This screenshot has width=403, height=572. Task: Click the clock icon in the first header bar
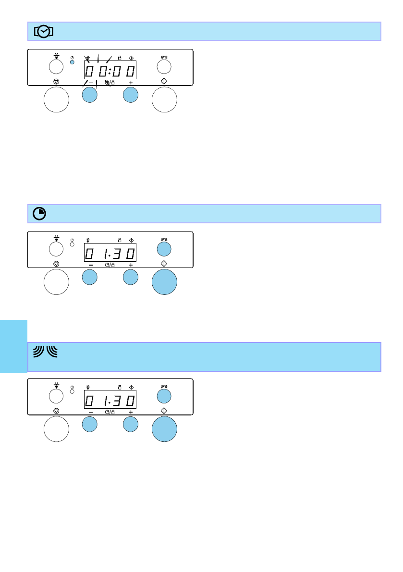44,32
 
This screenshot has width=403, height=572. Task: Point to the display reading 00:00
110,72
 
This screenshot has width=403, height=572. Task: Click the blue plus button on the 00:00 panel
131,95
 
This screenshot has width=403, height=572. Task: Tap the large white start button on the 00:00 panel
164,100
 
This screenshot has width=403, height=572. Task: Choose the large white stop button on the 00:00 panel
56,100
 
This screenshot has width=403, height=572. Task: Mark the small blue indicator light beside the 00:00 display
73,62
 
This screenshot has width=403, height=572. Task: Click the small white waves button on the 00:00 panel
164,66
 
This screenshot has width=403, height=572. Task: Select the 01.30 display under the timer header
110,253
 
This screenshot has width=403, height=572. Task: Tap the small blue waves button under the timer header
164,248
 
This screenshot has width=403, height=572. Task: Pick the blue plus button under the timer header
131,278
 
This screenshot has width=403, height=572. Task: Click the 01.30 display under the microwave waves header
110,400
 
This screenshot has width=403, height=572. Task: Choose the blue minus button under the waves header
90,425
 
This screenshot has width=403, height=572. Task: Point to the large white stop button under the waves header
56,428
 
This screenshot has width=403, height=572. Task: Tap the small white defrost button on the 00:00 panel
56,65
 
